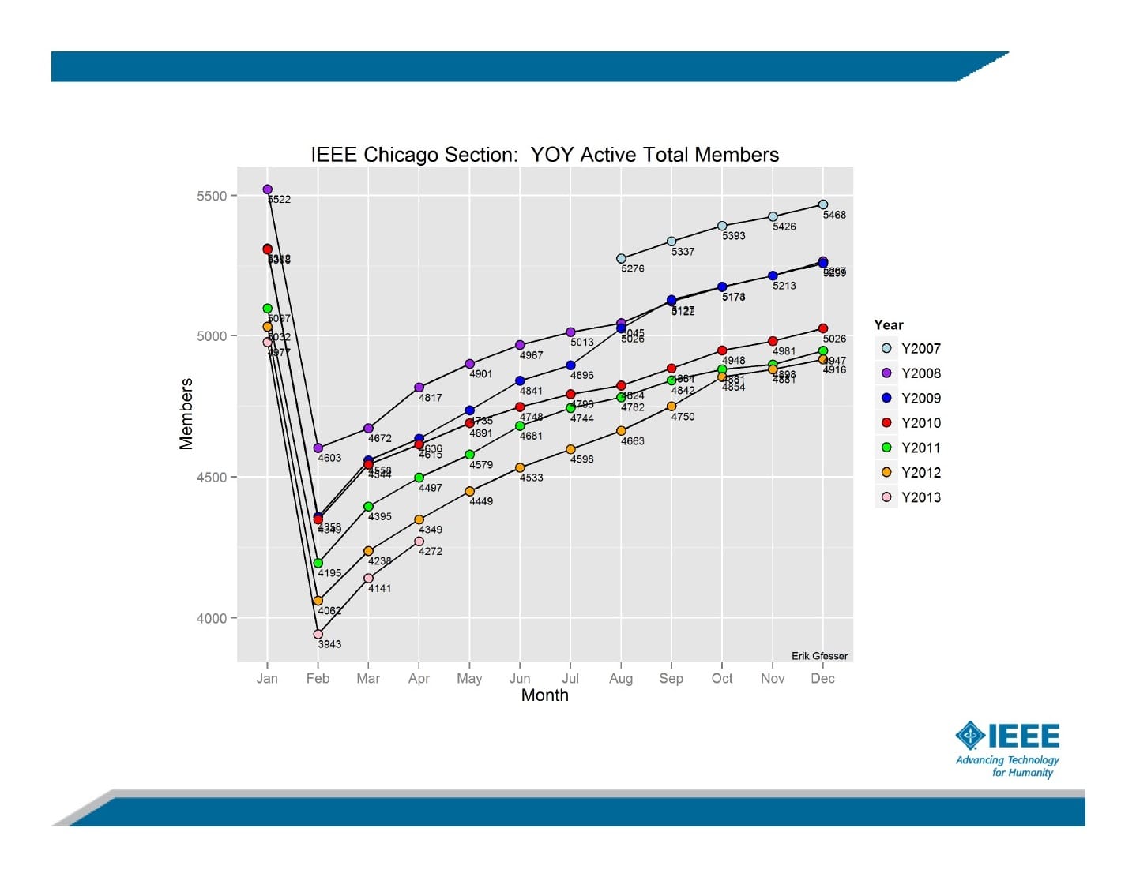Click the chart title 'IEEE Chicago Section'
tap(544, 155)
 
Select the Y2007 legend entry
tap(908, 348)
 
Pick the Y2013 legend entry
tap(908, 497)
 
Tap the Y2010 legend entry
tap(908, 423)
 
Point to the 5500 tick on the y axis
tap(212, 196)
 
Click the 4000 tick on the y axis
tap(212, 618)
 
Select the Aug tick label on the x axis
tap(621, 679)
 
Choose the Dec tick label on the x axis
tap(822, 679)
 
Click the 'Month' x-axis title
tap(544, 695)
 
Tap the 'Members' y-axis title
tap(186, 414)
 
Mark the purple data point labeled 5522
tap(267, 189)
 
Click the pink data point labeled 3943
tap(318, 634)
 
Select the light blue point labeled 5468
tap(823, 204)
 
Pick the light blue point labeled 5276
tap(621, 259)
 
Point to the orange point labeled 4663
tap(621, 431)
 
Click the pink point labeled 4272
tap(419, 542)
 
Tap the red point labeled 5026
tap(823, 328)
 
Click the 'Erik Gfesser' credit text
tap(819, 656)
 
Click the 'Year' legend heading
tap(889, 324)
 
